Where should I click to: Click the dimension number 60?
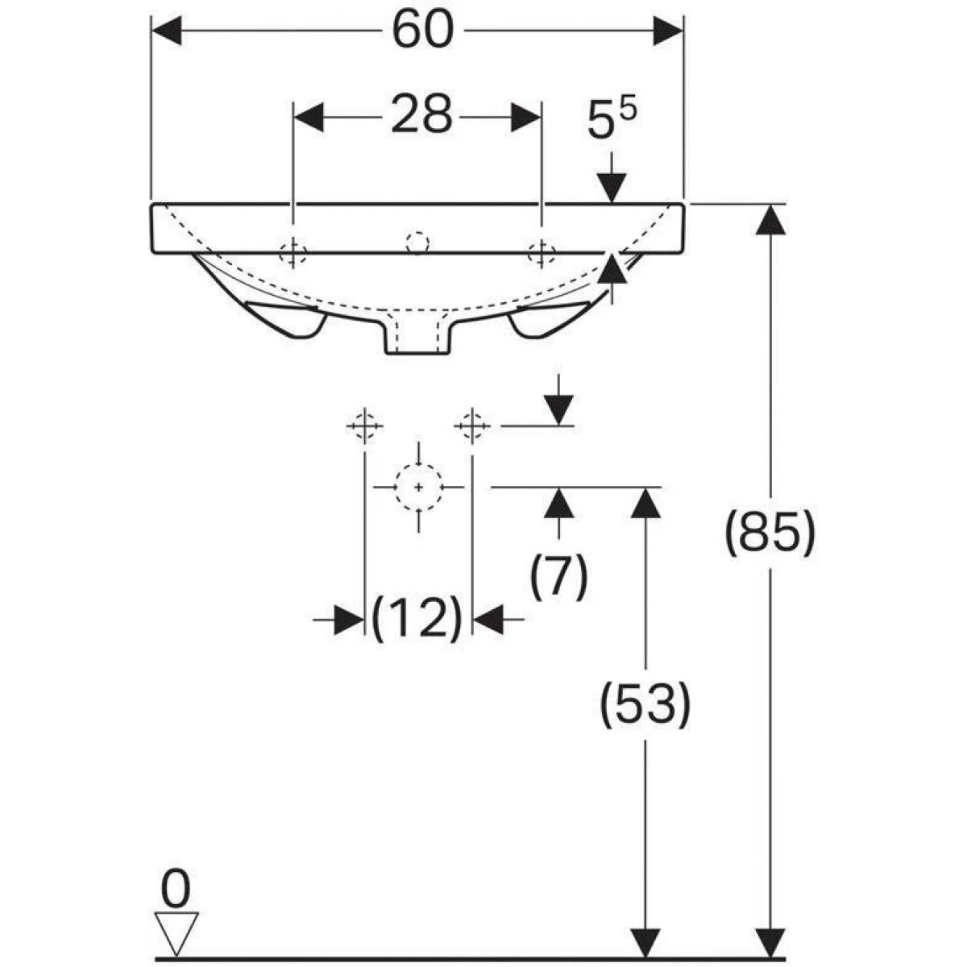[x=422, y=29]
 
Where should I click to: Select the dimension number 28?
[x=421, y=115]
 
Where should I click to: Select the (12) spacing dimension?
[x=417, y=619]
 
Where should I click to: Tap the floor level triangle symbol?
[x=176, y=911]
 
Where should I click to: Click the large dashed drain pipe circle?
[x=418, y=486]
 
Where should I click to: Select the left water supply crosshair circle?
[x=365, y=426]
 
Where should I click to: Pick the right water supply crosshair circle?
[x=471, y=426]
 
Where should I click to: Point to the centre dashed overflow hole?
[x=417, y=243]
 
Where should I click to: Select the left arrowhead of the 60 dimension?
[x=166, y=31]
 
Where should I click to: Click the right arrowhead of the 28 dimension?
[x=526, y=118]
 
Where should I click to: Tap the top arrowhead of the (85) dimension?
[x=770, y=219]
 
